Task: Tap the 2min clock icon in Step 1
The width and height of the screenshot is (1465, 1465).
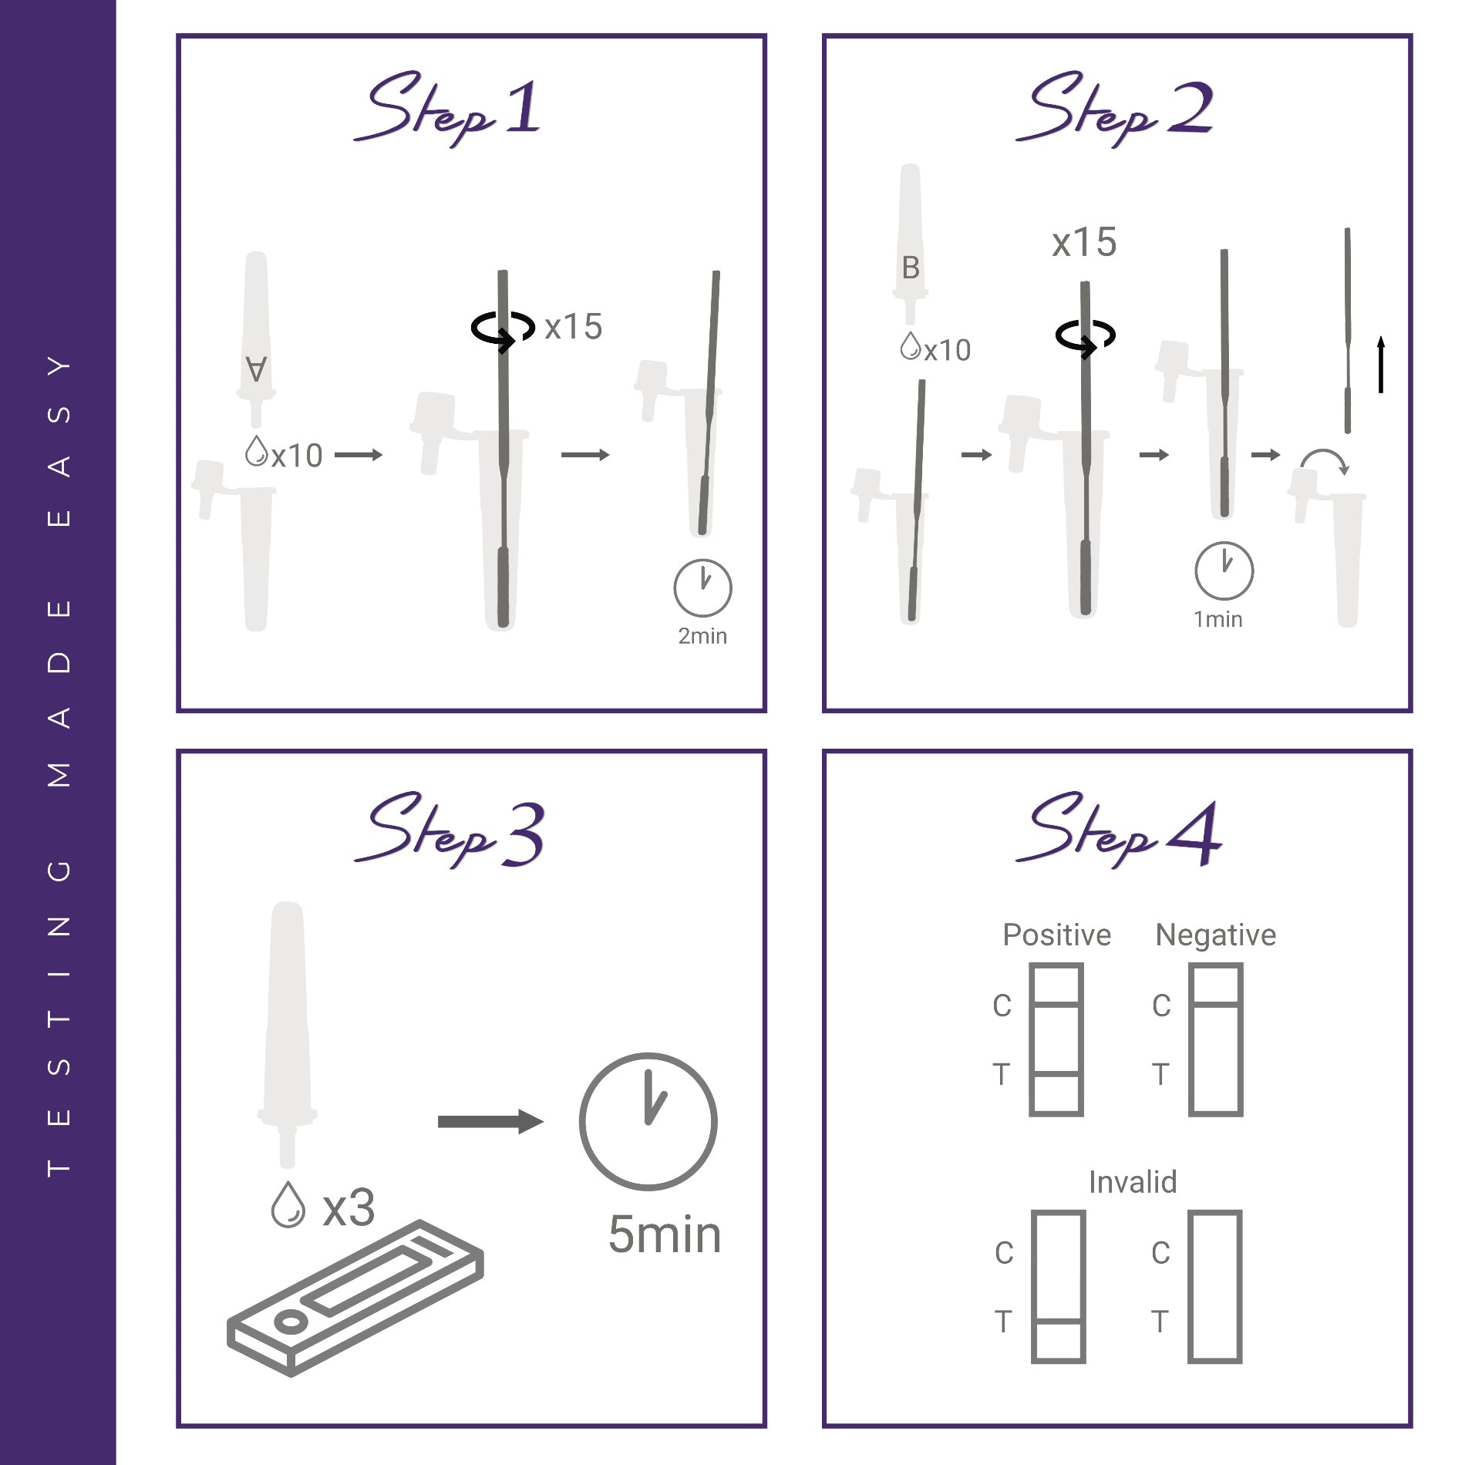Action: pos(702,588)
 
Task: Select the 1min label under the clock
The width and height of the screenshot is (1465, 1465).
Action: pos(1217,620)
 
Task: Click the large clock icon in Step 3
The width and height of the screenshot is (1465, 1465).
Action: pos(648,1121)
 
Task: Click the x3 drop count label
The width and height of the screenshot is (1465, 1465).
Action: pos(349,1208)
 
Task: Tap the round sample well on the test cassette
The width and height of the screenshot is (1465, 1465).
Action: pos(290,1323)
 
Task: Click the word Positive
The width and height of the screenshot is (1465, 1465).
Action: pos(1056,935)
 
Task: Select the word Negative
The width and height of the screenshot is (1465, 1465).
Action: pos(1215,935)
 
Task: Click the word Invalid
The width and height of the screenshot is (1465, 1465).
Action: pos(1132,1182)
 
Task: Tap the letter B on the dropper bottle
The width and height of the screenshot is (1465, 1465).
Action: pos(911,268)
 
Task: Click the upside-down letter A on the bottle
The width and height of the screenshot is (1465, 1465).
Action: pos(256,369)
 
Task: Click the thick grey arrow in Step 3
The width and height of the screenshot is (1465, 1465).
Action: pos(490,1121)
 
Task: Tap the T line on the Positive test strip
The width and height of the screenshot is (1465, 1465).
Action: pos(1056,1073)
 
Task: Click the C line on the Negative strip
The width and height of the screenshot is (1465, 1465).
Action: pos(1216,1004)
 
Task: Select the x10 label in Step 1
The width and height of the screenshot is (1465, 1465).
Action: pos(297,456)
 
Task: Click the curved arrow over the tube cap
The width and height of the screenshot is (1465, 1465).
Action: pos(1324,461)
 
